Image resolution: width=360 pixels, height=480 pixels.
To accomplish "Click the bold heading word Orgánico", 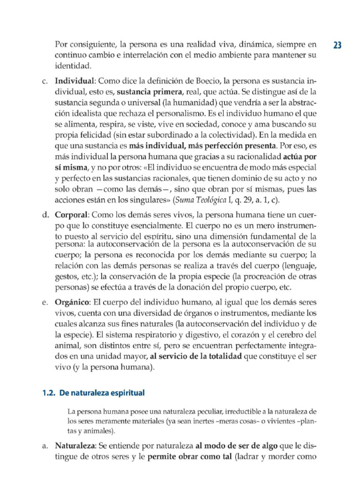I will pyautogui.click(x=72, y=301).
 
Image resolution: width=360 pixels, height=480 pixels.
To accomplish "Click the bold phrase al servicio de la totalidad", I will pyautogui.click(x=196, y=357).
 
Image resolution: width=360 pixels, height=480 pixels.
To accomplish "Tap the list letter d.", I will pyautogui.click(x=45, y=215).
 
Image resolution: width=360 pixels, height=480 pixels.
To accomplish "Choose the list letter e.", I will pyautogui.click(x=45, y=301).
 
